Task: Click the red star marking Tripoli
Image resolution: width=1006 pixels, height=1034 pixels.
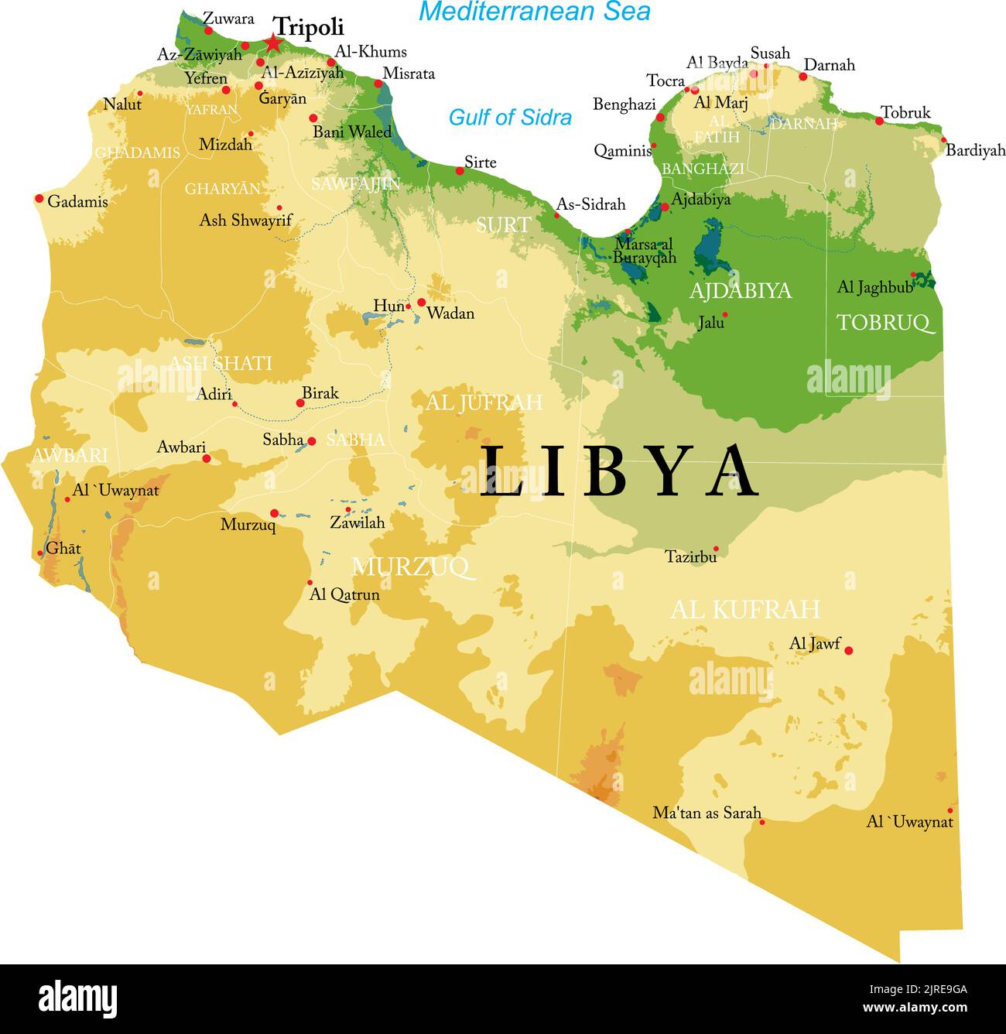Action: coord(273,43)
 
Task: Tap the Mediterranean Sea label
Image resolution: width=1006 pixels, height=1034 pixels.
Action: coord(534,12)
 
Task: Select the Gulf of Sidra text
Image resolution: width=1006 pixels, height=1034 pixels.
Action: coord(510,118)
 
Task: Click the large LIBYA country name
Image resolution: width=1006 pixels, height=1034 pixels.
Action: coord(619,472)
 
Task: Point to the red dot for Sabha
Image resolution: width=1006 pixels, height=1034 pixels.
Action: coord(312,441)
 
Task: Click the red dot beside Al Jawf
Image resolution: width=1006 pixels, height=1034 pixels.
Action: coord(848,651)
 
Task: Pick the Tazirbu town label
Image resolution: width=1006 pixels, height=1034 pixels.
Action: coord(690,556)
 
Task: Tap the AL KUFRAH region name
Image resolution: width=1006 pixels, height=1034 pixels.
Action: coord(744,610)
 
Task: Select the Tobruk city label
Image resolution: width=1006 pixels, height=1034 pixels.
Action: coord(905,113)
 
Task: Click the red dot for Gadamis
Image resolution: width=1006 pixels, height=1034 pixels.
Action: coord(39,199)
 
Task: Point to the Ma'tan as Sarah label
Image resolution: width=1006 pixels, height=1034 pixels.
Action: coord(707,813)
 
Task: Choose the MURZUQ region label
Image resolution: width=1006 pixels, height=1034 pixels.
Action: coord(410,567)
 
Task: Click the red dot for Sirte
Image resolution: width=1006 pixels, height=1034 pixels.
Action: coord(460,170)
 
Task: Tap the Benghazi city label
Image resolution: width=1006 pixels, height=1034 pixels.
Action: coord(624,104)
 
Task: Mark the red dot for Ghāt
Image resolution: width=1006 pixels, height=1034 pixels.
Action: coord(40,553)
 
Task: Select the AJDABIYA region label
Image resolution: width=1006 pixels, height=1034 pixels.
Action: coord(741,291)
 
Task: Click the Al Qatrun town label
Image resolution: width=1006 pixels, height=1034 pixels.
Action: coord(344,594)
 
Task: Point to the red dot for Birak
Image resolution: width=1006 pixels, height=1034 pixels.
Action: coord(300,402)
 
